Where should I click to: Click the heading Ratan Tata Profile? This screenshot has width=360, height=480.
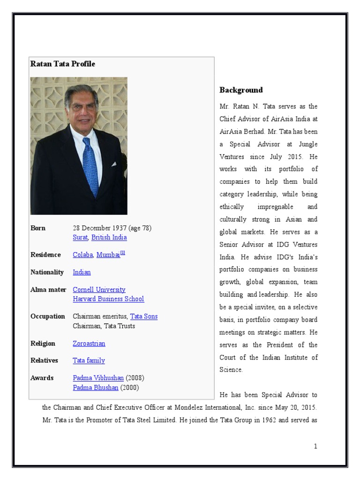tap(63, 64)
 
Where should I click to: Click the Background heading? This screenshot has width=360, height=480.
tap(241, 90)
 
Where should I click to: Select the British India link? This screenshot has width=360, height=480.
tap(109, 237)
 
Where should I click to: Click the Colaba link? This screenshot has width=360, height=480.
tap(83, 255)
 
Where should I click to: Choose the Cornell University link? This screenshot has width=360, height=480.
tap(99, 290)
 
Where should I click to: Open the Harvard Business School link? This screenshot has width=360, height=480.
tap(108, 299)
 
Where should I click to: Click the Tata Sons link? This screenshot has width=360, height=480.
tap(144, 316)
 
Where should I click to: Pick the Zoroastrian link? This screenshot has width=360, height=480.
tap(89, 344)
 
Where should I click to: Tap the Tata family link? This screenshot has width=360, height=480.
tap(89, 360)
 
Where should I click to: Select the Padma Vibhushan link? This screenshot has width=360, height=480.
tap(98, 378)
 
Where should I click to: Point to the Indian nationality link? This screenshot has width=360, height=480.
tap(82, 272)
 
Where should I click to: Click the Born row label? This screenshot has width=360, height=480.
tap(38, 228)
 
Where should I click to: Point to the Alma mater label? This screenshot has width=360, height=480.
tap(48, 290)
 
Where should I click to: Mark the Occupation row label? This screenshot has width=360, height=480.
tap(48, 316)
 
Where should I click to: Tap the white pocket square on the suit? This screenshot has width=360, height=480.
tap(113, 164)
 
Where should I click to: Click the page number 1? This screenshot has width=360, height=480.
tap(315, 446)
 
